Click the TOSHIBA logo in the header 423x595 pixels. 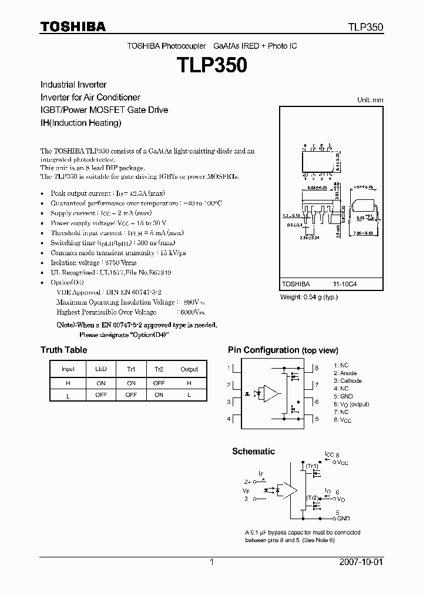click(73, 26)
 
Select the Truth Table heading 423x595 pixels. click(63, 350)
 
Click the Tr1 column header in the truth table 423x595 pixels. click(130, 369)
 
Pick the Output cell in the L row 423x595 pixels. click(189, 395)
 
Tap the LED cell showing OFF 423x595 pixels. click(101, 395)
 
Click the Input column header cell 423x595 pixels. click(68, 369)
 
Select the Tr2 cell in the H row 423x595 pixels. click(159, 382)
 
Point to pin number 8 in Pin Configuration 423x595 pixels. click(317, 368)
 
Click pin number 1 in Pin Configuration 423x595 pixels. click(229, 368)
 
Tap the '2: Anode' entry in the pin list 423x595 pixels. click(345, 373)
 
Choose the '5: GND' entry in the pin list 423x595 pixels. click(344, 396)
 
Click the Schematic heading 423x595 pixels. click(253, 452)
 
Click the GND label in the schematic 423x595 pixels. click(344, 519)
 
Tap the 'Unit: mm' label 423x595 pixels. click(370, 100)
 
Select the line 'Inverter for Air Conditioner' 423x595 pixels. click(90, 97)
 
